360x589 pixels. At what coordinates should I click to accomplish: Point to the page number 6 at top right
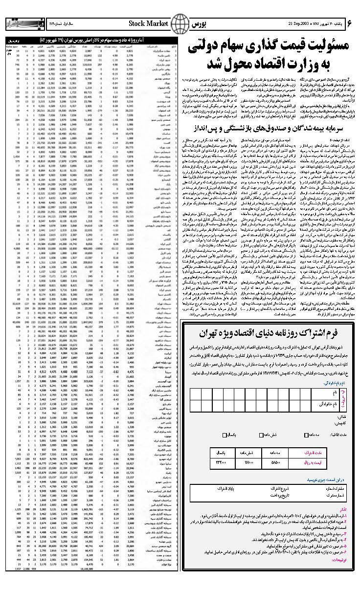click(x=350, y=23)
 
